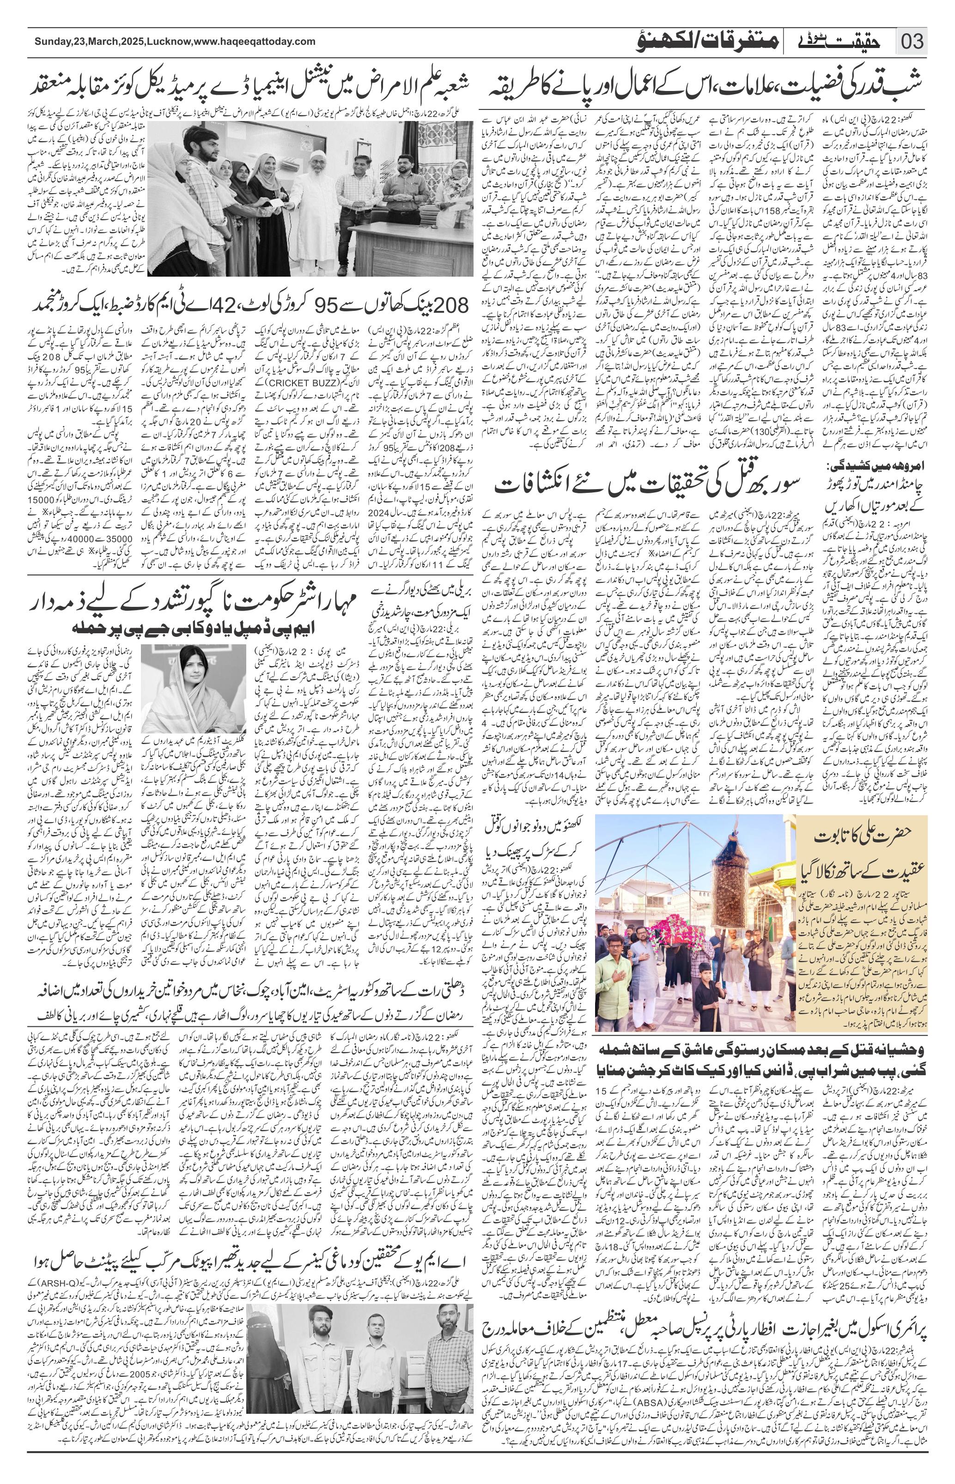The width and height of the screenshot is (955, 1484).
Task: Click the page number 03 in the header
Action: pyautogui.click(x=912, y=43)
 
